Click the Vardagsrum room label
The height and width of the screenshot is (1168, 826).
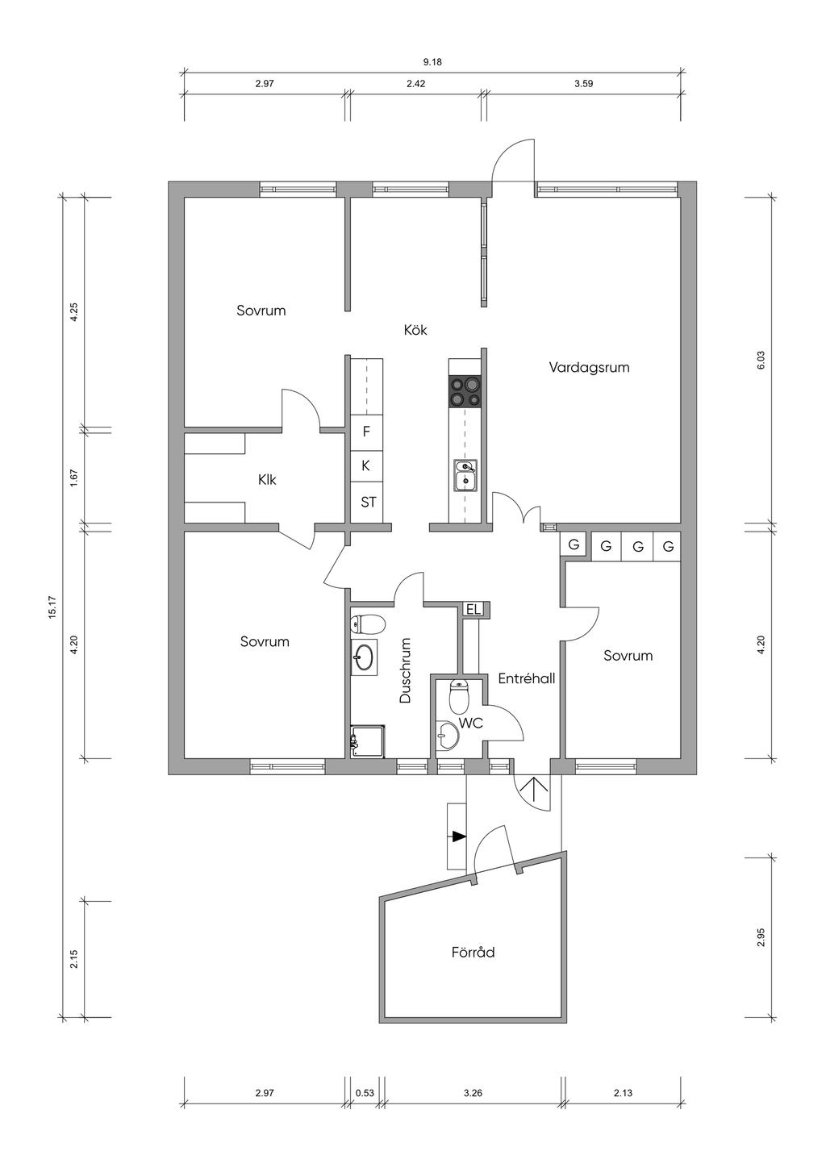click(x=589, y=368)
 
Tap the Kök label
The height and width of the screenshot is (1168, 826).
click(x=415, y=330)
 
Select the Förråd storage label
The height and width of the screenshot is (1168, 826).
click(x=473, y=952)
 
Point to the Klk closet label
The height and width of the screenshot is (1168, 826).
click(x=267, y=479)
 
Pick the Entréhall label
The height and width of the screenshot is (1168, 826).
click(x=526, y=678)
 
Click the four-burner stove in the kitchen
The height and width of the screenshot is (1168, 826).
click(x=464, y=391)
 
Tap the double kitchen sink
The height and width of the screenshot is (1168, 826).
click(x=465, y=476)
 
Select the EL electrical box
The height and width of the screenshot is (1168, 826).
click(x=473, y=608)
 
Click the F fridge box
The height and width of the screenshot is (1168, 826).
click(x=366, y=432)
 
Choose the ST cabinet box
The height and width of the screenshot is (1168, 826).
click(x=368, y=503)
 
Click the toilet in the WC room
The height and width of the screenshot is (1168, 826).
click(x=459, y=697)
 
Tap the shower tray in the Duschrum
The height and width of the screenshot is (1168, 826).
click(x=368, y=741)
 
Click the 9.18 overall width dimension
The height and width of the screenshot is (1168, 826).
click(x=432, y=62)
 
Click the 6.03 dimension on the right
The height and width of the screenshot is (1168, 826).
click(x=761, y=360)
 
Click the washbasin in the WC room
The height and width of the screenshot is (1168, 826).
click(x=448, y=735)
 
